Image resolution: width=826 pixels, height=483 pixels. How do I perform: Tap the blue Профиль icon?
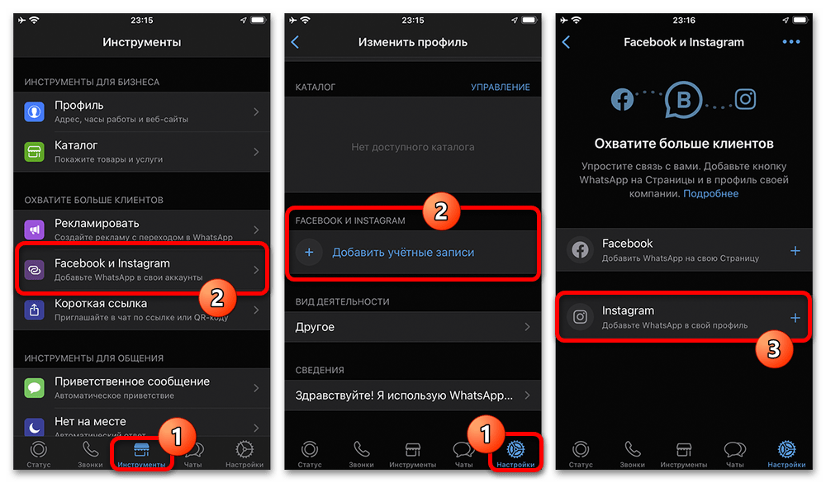34,111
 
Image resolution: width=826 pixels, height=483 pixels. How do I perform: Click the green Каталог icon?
34,152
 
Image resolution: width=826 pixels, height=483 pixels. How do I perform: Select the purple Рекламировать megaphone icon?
34,230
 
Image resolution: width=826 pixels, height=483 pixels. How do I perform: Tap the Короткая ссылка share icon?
34,310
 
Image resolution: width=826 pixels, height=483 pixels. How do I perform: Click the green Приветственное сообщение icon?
34,388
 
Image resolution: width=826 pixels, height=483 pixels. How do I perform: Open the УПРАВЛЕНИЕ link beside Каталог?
500,87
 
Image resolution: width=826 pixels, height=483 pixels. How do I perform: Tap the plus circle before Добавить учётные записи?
309,253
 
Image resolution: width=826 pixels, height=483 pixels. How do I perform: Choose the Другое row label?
315,327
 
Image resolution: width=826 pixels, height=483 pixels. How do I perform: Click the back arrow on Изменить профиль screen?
295,42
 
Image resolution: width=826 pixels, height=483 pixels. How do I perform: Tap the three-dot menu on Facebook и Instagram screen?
791,41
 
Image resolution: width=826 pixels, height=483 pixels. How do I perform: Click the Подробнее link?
710,194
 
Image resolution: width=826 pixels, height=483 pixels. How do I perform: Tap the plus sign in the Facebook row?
795,251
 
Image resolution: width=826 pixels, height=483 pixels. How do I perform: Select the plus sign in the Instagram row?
795,318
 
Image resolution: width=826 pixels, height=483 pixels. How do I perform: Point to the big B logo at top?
683,100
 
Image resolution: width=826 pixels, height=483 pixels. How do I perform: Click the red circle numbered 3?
773,348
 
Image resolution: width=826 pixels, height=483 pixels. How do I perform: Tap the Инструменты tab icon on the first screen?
141,449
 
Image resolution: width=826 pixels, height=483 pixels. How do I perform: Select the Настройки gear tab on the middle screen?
515,449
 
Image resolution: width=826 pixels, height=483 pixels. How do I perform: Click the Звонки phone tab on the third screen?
632,449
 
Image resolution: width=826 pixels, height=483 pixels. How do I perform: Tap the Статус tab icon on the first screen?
39,449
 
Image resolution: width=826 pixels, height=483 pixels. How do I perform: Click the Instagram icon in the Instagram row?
580,316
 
